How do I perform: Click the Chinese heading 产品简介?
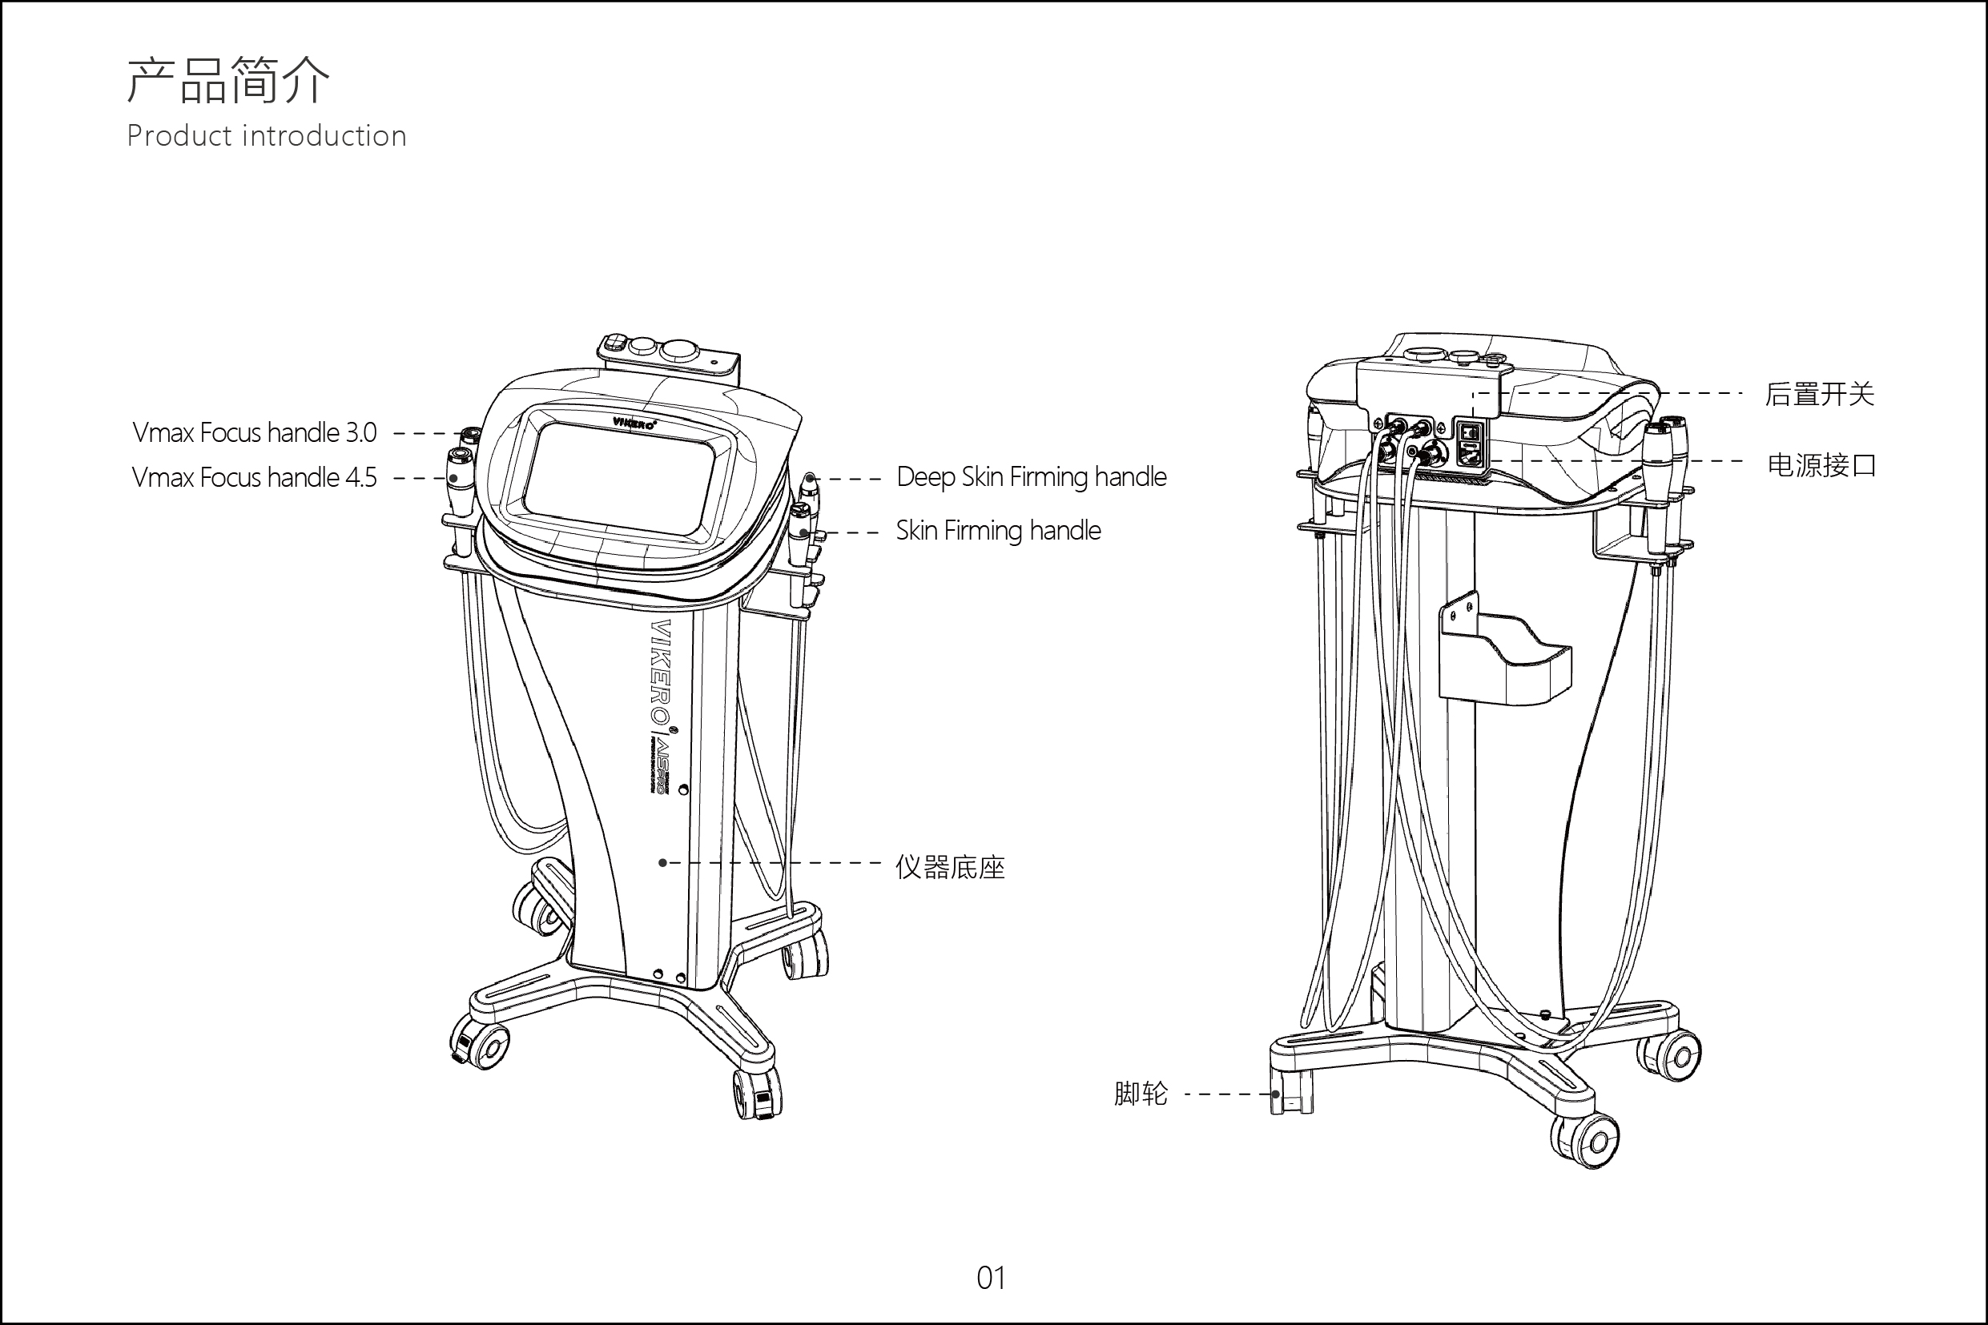pyautogui.click(x=228, y=80)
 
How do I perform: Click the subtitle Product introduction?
pyautogui.click(x=266, y=136)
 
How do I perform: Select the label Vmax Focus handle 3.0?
pyautogui.click(x=255, y=432)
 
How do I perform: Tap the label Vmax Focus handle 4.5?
pyautogui.click(x=255, y=477)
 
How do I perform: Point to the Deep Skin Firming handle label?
pyautogui.click(x=1031, y=476)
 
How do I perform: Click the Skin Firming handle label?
pyautogui.click(x=998, y=531)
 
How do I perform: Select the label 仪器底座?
pyautogui.click(x=950, y=867)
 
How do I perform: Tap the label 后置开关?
pyautogui.click(x=1819, y=394)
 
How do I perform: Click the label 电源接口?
pyautogui.click(x=1821, y=465)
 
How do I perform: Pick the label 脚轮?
pyautogui.click(x=1141, y=1094)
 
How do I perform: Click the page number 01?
pyautogui.click(x=992, y=1279)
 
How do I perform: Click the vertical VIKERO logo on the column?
pyautogui.click(x=660, y=672)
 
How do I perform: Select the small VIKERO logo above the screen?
pyautogui.click(x=633, y=423)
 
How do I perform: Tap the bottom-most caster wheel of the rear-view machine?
pyautogui.click(x=1588, y=1142)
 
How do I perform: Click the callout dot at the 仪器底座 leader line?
pyautogui.click(x=662, y=863)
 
